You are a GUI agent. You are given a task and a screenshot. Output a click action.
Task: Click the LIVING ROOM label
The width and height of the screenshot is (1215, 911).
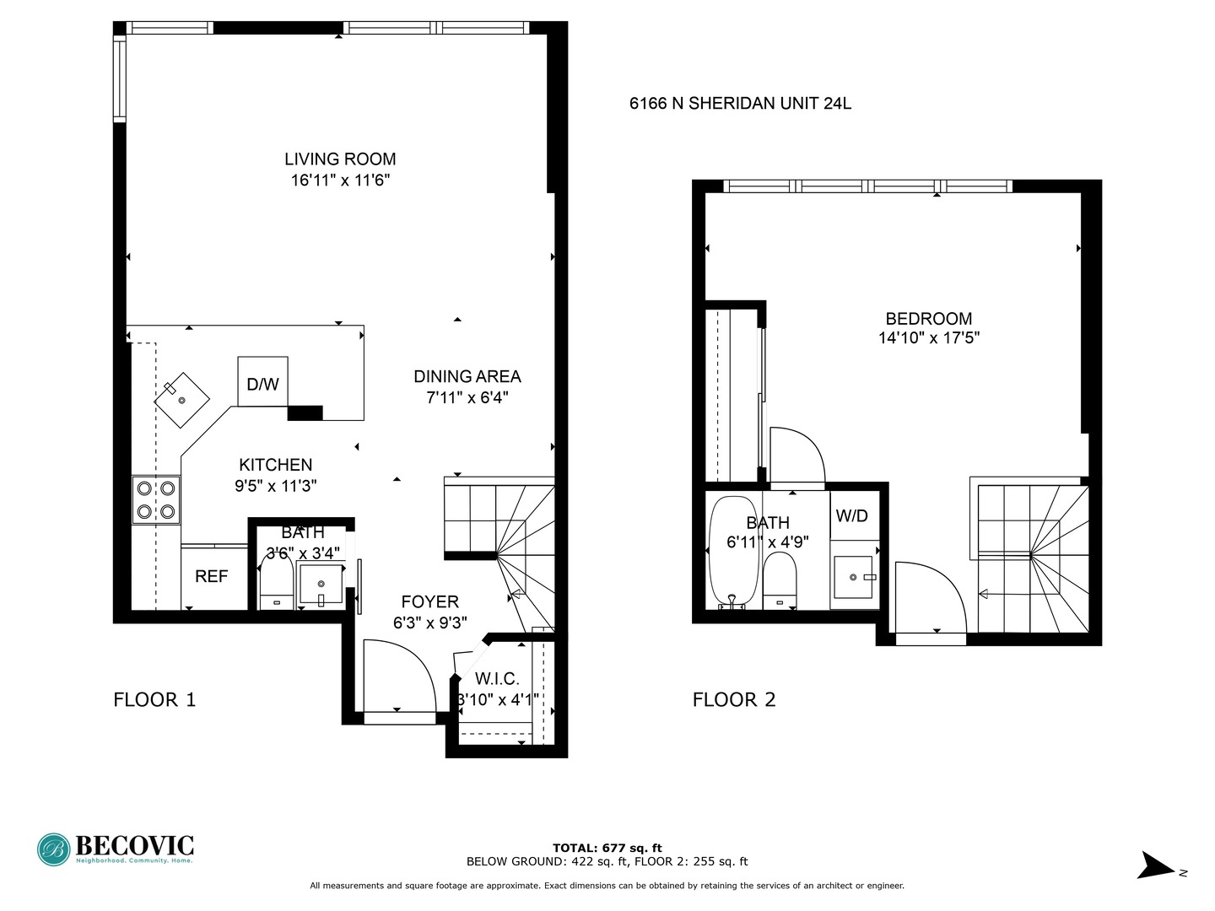340,159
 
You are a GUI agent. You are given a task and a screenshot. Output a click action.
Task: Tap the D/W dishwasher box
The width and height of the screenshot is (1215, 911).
262,384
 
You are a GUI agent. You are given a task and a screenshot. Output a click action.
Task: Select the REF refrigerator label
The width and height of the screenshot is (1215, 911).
211,577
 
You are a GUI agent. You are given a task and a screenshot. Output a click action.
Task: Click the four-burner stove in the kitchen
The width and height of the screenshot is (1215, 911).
156,499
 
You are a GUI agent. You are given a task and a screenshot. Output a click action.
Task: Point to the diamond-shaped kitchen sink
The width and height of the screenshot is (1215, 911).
181,400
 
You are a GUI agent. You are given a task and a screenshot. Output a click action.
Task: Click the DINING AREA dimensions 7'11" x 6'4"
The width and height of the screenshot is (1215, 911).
467,397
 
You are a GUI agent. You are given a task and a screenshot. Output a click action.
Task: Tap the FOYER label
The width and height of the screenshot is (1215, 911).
429,601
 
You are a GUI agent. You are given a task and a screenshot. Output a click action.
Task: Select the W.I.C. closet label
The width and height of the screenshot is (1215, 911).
497,679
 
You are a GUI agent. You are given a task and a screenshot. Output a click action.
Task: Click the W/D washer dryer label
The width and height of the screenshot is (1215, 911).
851,516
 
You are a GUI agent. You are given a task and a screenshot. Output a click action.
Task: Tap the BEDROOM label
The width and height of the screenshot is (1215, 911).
928,319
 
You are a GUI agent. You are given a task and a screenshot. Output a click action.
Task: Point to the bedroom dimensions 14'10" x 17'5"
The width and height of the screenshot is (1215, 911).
928,338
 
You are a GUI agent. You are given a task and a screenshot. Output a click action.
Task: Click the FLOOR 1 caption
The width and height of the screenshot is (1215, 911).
154,699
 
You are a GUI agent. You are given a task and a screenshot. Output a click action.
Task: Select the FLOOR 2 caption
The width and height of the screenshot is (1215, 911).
733,699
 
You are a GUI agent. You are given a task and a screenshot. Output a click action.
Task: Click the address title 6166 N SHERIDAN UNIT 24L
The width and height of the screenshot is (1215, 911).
740,104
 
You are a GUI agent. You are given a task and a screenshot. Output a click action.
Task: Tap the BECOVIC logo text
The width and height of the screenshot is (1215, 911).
134,845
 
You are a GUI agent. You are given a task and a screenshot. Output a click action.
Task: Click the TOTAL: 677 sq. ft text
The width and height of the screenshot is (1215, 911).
607,848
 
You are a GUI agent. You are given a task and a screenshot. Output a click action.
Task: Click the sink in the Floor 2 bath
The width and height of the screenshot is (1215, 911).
855,578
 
